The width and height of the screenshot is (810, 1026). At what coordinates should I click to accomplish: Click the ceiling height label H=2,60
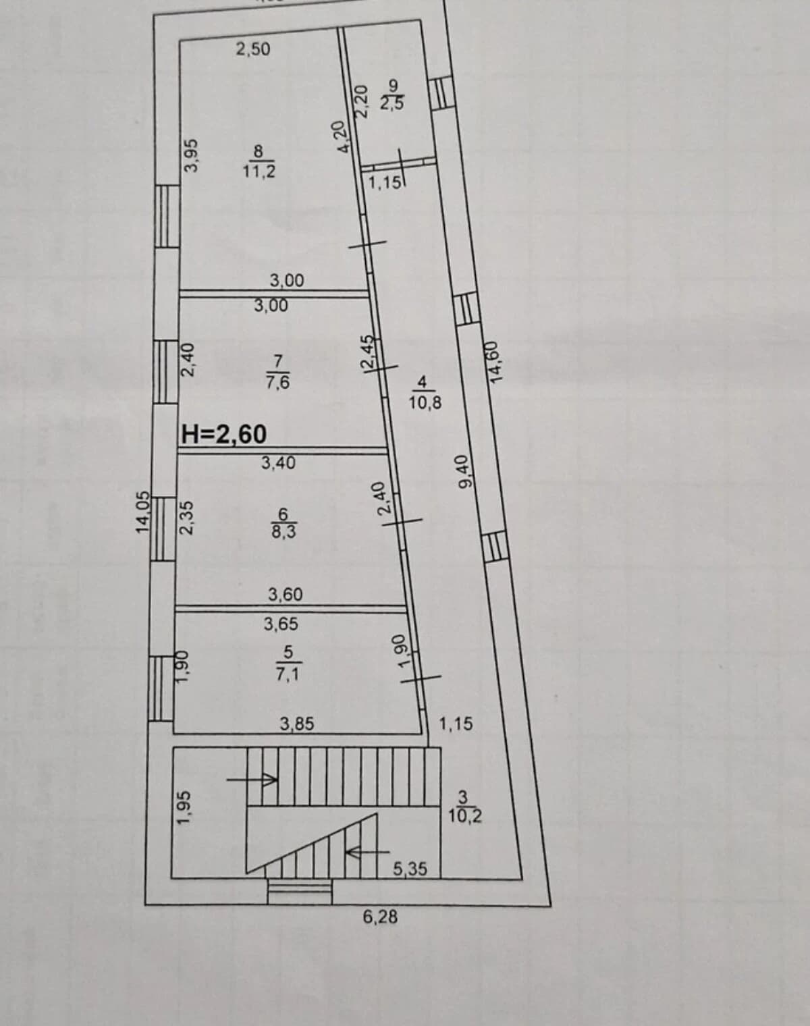coord(224,434)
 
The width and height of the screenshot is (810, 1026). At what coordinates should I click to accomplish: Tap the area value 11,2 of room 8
coord(259,171)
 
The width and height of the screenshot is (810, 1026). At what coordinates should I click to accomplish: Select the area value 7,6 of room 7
coord(278,382)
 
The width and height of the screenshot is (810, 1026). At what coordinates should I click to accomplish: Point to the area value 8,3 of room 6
coord(283,531)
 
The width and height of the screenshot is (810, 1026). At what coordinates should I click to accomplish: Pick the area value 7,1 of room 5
coord(288,674)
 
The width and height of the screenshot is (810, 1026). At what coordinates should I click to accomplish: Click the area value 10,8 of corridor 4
coord(425,403)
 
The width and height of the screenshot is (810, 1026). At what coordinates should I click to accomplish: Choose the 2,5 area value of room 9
coord(392,103)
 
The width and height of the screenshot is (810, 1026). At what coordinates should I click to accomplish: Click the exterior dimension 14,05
coord(142,512)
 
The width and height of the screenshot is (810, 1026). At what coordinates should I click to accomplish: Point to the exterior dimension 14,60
coord(493,362)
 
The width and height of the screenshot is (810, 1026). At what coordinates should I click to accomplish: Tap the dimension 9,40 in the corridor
coord(464,472)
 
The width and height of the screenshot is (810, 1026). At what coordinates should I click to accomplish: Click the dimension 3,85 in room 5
coord(297,724)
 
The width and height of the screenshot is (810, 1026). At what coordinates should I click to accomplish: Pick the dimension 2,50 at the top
coord(253,49)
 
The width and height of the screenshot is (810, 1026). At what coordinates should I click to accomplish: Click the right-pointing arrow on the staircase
coord(252,780)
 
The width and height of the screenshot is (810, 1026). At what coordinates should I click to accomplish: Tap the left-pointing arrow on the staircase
coord(368,851)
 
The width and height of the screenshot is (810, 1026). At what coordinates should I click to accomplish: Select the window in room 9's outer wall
coord(442,93)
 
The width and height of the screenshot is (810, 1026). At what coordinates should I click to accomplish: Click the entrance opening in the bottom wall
coord(300,891)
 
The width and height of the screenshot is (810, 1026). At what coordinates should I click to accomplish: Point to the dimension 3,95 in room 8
coord(192,155)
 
